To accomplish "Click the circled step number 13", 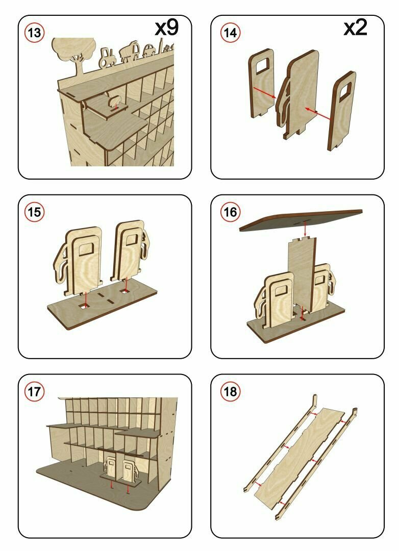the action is (35, 33).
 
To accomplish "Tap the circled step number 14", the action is (229, 33).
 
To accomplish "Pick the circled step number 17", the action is (35, 392).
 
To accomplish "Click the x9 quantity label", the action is (167, 28).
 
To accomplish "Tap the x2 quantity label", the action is (356, 28).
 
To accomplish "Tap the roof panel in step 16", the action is (301, 218).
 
